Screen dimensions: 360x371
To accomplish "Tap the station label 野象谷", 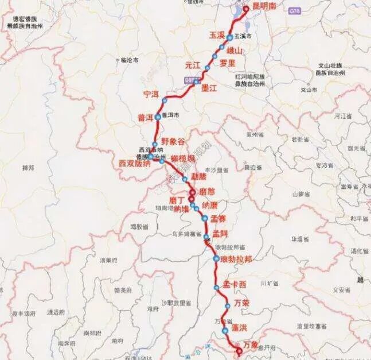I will pos(174,141).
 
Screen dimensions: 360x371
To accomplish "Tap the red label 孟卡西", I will pos(235,284).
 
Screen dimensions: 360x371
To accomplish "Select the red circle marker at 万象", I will pos(239,350).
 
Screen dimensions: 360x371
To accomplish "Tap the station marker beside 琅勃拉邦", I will pos(216,259).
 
